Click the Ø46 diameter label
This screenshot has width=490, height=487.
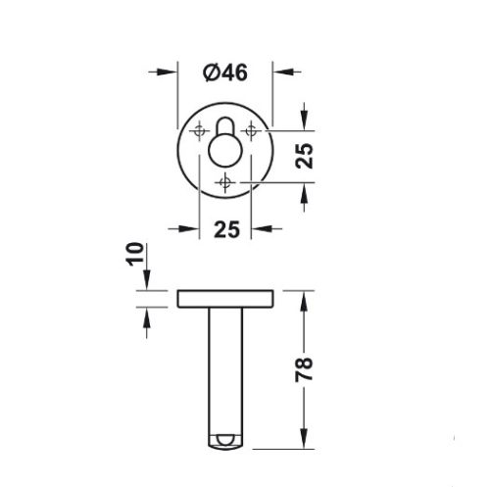225,72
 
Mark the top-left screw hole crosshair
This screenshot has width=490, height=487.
201,127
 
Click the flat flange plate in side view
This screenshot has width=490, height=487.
225,298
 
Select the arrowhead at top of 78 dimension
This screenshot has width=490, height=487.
305,298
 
